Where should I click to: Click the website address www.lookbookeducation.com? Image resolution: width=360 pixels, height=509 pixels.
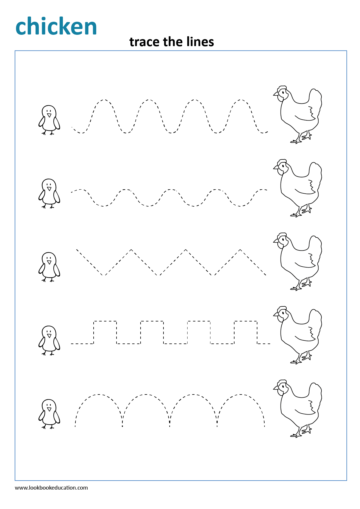pos(51,488)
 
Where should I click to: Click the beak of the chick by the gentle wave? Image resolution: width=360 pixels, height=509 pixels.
pos(49,189)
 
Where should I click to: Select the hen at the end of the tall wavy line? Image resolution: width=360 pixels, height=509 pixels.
pos(299,114)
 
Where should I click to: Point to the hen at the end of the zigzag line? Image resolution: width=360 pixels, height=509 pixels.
pos(299,261)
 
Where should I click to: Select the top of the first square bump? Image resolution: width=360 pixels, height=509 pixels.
pos(105,321)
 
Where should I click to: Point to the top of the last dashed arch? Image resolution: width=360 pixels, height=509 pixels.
pos(241,395)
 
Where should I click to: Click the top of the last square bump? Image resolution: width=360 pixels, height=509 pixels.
pos(246,321)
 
